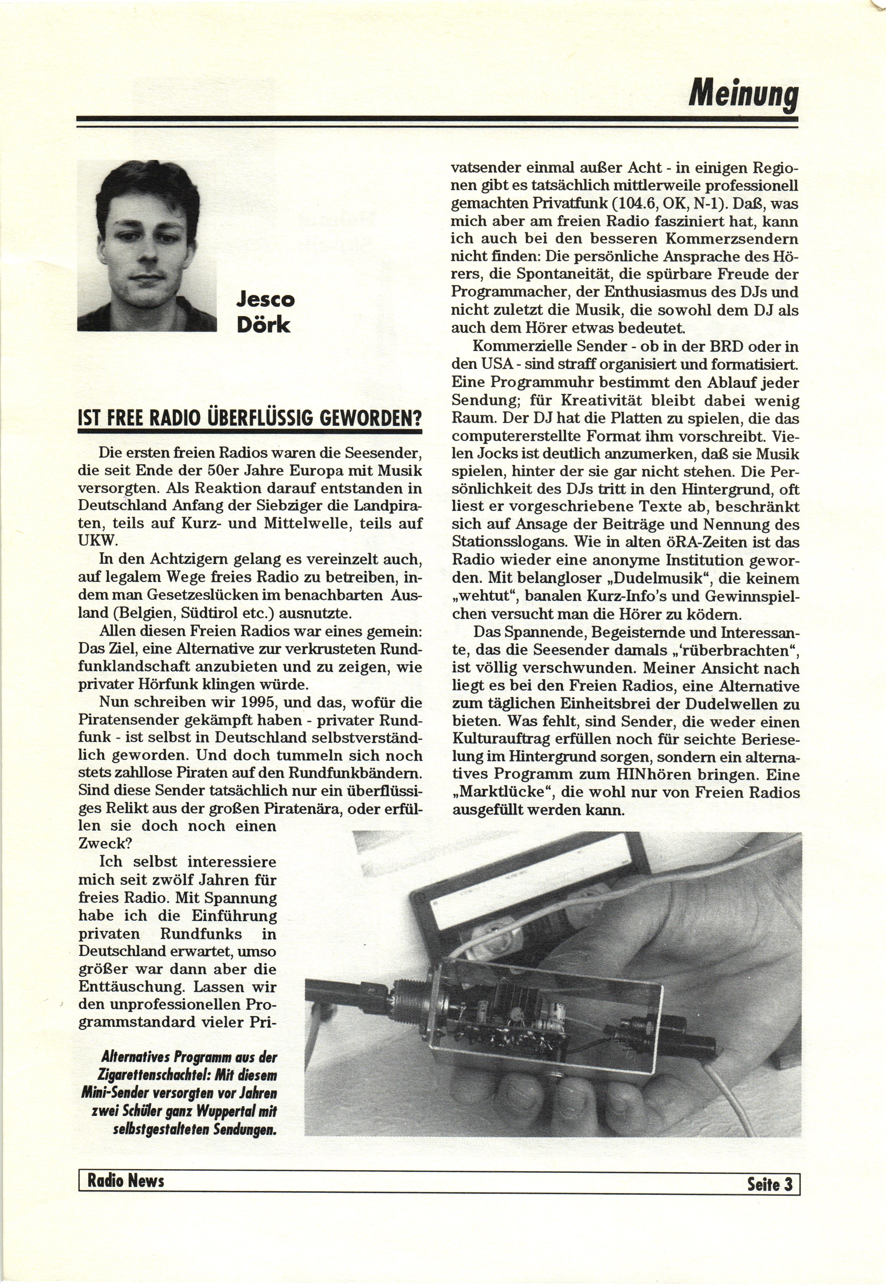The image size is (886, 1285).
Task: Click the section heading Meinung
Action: [743, 96]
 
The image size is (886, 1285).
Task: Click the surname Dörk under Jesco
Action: [263, 325]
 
